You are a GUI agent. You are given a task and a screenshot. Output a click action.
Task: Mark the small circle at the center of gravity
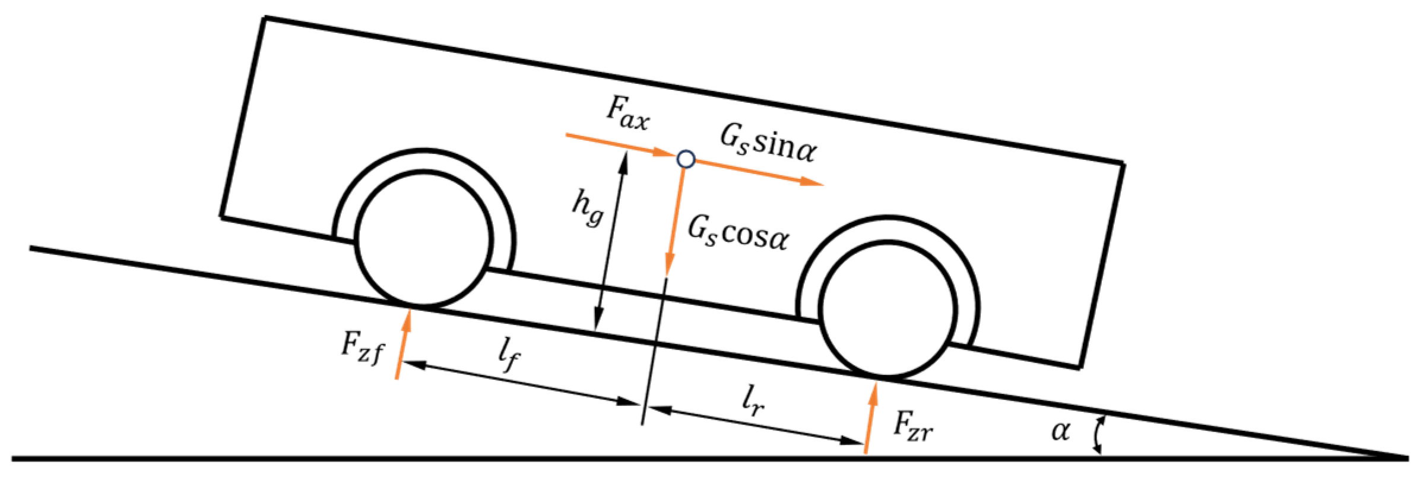686,159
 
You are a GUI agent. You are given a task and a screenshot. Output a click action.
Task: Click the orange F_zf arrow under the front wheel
402,344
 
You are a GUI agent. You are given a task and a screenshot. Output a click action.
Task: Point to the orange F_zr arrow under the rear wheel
870,418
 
